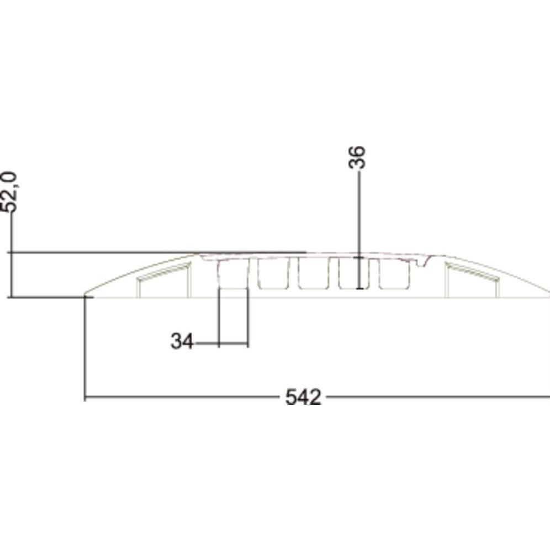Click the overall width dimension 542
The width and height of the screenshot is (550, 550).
(303, 397)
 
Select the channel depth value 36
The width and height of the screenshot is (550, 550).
(358, 157)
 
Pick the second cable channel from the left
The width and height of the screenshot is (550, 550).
(273, 274)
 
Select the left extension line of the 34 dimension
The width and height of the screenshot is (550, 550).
(220, 320)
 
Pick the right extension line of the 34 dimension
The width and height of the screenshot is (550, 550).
(247, 320)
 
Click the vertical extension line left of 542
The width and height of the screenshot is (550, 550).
(84, 348)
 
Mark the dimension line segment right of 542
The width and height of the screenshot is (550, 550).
(436, 396)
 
